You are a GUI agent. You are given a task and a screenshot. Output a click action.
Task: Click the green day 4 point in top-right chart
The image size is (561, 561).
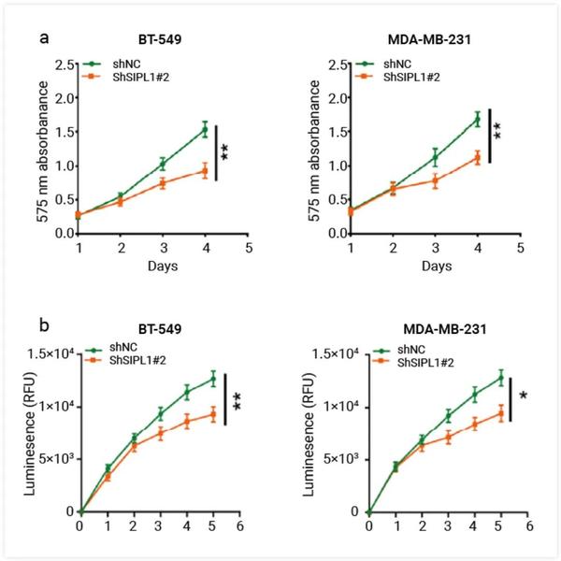(x=478, y=119)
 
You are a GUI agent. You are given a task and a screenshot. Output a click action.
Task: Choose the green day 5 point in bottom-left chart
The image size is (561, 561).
(x=214, y=378)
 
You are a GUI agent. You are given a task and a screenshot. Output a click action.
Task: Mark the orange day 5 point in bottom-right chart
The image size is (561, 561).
(x=502, y=413)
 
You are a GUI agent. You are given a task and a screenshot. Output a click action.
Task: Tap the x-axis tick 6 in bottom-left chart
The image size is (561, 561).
(x=241, y=527)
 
